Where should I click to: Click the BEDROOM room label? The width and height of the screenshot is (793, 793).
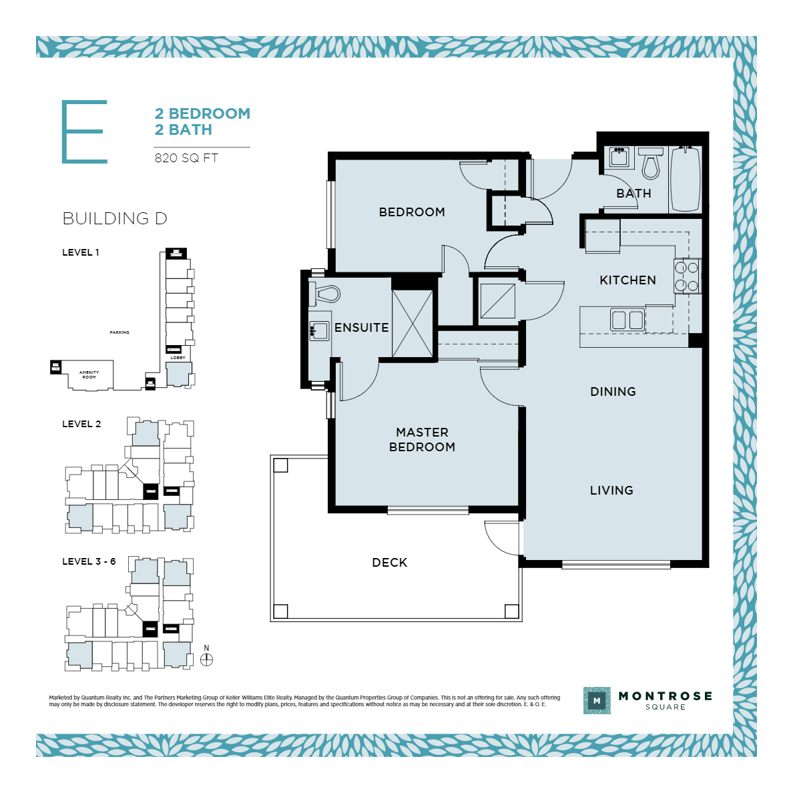click(x=412, y=212)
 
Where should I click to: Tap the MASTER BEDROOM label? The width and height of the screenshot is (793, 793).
click(x=422, y=440)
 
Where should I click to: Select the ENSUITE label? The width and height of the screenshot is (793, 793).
click(x=361, y=328)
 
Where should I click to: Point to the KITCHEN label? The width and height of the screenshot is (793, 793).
click(x=627, y=280)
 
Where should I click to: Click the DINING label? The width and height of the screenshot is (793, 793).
click(x=613, y=392)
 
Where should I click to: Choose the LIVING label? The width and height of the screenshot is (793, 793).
click(x=611, y=491)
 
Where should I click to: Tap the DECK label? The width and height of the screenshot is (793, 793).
click(x=389, y=563)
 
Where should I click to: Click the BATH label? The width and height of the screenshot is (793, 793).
click(x=633, y=194)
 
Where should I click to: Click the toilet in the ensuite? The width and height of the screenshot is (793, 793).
click(x=326, y=294)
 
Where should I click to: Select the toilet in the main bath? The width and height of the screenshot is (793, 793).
click(x=650, y=164)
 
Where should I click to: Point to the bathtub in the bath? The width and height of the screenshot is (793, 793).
click(x=685, y=178)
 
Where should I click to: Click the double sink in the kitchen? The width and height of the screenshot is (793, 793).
click(x=627, y=320)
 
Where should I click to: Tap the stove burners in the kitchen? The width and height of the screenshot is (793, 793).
click(x=687, y=277)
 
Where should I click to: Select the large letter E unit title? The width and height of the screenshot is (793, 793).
click(x=84, y=131)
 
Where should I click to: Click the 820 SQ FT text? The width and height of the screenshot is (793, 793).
click(x=186, y=158)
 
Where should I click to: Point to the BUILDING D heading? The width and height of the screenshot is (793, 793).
click(x=114, y=218)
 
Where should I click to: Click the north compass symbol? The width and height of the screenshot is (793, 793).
click(x=206, y=659)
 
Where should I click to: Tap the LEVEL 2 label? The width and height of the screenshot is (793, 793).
click(x=81, y=424)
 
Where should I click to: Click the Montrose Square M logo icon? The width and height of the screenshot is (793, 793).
click(x=596, y=701)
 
